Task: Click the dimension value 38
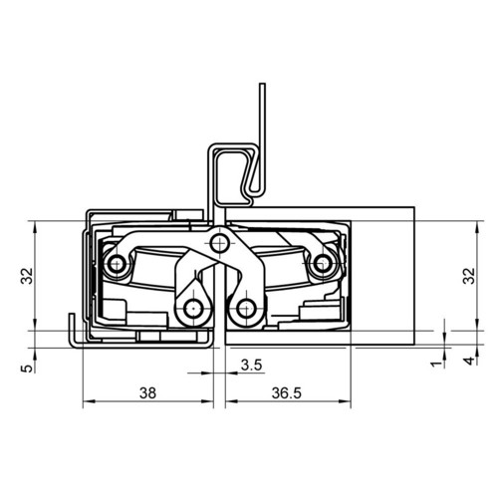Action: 147,393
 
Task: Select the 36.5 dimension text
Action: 287,393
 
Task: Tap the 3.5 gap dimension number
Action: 252,365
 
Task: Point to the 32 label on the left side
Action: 27,276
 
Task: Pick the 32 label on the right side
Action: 469,276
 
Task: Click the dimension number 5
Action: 28,369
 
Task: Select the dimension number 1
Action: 437,364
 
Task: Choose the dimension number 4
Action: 469,361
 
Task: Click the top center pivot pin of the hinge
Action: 219,243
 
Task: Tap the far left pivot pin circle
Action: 117,264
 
